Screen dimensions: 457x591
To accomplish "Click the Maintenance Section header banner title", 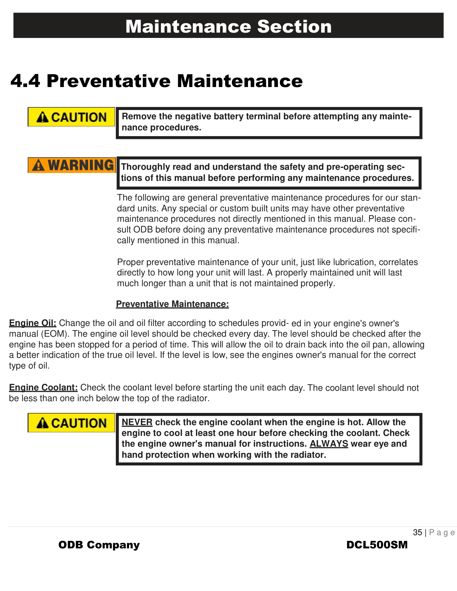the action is tap(228, 27).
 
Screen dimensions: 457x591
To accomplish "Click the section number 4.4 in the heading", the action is tap(25, 81).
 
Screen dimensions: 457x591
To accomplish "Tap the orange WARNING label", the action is tap(72, 165).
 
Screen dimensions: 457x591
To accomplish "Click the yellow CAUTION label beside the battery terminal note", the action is tap(71, 117).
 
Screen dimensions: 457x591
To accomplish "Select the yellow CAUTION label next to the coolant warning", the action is tap(71, 423).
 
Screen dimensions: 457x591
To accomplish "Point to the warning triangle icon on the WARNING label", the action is tap(38, 165).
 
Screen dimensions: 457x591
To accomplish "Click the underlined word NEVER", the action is tap(137, 422).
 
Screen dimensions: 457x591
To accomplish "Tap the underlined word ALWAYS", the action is tap(329, 444).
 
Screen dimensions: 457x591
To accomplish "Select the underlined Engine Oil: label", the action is tap(33, 323).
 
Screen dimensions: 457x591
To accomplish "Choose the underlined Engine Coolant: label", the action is tap(43, 388).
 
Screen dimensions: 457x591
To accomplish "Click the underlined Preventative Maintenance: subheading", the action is tap(172, 304).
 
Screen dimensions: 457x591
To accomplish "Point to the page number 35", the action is tap(417, 533).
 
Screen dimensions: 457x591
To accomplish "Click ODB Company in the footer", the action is tap(99, 545).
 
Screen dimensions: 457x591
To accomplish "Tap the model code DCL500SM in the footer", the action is tap(377, 545).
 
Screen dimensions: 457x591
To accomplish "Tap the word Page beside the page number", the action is tap(442, 533).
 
